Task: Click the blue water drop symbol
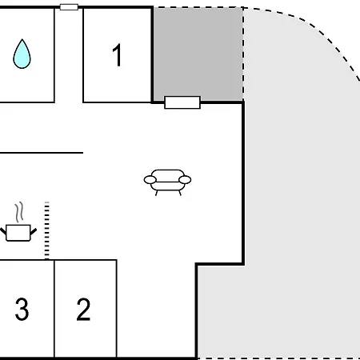coord(22,54)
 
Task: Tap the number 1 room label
coord(118,55)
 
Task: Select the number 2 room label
coord(83,310)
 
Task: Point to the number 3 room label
coord(22,310)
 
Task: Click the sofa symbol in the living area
coord(167,182)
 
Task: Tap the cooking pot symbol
coord(18,233)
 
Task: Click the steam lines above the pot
coord(19,212)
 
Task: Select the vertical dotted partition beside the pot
coord(47,230)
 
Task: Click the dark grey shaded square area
coord(198,54)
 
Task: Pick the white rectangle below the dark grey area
coord(182,102)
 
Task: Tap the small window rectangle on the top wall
coord(69,7)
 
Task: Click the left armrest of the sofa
coord(150,180)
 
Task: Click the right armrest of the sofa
coord(185,180)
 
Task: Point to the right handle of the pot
coord(34,231)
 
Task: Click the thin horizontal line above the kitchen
coord(42,153)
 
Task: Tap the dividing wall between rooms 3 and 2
coord(54,309)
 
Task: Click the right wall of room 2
coord(117,309)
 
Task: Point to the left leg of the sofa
coord(157,193)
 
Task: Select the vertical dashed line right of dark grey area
coord(243,54)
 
